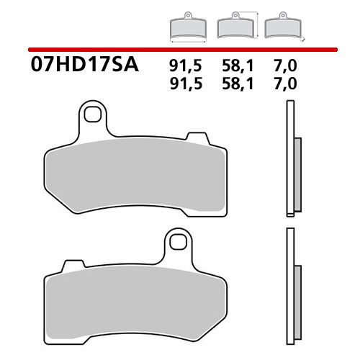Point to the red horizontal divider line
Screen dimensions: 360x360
point(180,50)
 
